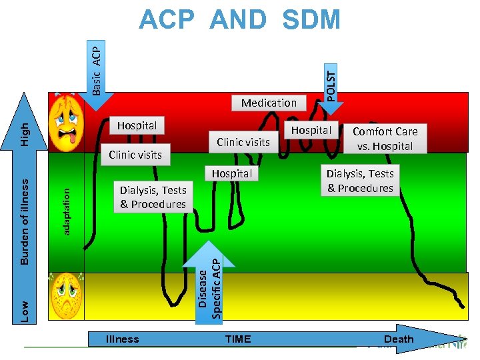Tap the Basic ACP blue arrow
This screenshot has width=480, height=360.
pos(96,67)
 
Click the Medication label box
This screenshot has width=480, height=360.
pos(269,103)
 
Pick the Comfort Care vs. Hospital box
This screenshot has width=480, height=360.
pos(385,139)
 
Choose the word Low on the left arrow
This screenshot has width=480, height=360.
pos(23,311)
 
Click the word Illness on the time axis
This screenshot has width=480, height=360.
pos(123,339)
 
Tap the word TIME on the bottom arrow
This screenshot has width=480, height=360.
pos(238,339)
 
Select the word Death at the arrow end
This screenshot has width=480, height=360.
pos(399,339)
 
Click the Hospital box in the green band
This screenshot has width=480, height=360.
pos(231,173)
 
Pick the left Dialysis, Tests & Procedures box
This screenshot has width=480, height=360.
pos(153,197)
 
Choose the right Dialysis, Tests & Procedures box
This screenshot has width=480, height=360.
pos(360,181)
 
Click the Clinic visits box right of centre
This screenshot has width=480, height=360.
pos(243,141)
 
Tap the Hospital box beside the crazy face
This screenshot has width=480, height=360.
pos(137,125)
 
